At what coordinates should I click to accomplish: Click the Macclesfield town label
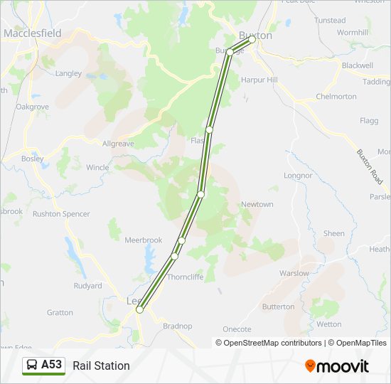(32, 33)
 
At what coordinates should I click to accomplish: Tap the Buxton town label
(255, 35)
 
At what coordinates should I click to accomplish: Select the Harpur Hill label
(259, 80)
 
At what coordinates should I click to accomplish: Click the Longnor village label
(298, 175)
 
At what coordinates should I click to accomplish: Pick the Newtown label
(257, 204)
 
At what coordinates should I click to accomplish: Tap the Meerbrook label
(144, 240)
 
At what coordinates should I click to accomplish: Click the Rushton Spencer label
(61, 213)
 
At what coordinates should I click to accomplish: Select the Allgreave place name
(118, 144)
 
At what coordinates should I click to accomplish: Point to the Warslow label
(294, 273)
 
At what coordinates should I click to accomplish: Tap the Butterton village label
(278, 306)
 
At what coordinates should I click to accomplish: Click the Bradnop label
(177, 326)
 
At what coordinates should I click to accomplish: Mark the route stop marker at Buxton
(252, 40)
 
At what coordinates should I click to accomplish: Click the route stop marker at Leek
(139, 309)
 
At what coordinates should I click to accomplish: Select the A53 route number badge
(51, 365)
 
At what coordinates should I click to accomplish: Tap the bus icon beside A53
(33, 365)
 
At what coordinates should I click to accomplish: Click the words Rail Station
(101, 366)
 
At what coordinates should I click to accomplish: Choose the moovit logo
(337, 366)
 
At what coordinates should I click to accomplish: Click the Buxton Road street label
(369, 167)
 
